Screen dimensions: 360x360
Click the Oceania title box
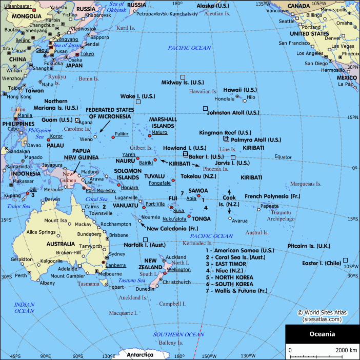(322, 334)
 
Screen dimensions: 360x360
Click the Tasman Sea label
(132, 281)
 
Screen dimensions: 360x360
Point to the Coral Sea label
(96, 199)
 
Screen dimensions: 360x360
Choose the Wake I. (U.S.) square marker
(137, 102)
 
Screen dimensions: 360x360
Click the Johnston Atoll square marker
(206, 108)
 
